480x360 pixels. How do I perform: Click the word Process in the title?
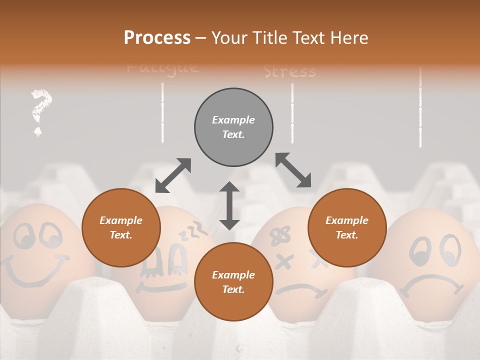pyautogui.click(x=157, y=38)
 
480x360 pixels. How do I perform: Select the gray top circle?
pyautogui.click(x=233, y=127)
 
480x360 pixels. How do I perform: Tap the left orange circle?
pyautogui.click(x=121, y=228)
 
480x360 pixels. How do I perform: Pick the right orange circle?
pyautogui.click(x=347, y=228)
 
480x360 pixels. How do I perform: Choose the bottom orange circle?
pyautogui.click(x=233, y=282)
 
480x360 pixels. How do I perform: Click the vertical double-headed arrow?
pyautogui.click(x=229, y=205)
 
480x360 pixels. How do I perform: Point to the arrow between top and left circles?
pyautogui.click(x=173, y=175)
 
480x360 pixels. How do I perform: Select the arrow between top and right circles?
pyautogui.click(x=293, y=170)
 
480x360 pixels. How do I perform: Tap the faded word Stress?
pyautogui.click(x=290, y=72)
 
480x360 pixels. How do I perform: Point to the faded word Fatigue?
pyautogui.click(x=163, y=67)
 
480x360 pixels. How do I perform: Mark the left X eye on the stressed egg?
pyautogui.click(x=284, y=260)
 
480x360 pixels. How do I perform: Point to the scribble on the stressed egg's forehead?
pyautogui.click(x=280, y=235)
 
